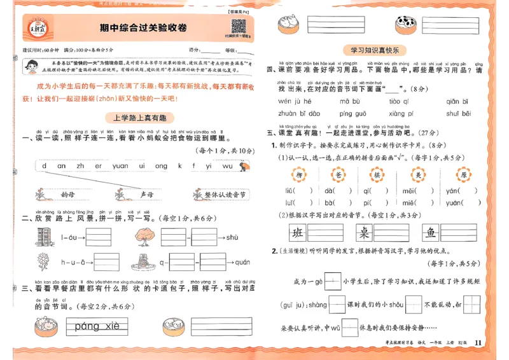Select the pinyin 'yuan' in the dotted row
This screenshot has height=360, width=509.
click(x=120, y=166)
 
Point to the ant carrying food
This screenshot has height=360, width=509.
click(x=244, y=167)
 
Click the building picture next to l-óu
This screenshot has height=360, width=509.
click(x=43, y=238)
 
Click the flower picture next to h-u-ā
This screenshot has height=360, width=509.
click(x=43, y=261)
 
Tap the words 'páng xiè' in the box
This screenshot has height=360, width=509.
click(x=97, y=327)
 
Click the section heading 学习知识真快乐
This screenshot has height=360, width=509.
click(x=379, y=50)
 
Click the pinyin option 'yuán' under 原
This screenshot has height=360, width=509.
click(x=454, y=203)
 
